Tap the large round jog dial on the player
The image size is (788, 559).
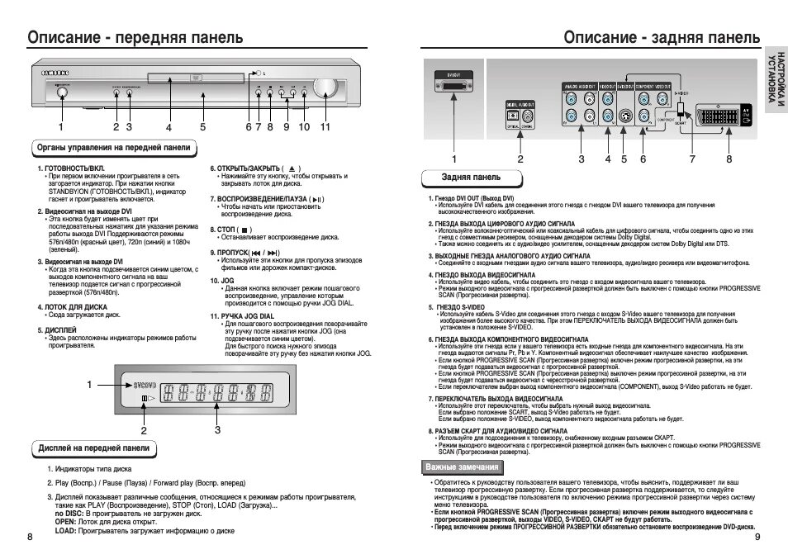[325, 88]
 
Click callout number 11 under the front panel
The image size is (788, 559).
[325, 127]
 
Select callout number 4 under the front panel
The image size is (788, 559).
[169, 127]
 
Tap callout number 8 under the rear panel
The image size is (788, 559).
[729, 159]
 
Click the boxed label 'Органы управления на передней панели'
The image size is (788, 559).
[115, 148]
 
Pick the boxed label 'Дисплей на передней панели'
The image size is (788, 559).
[94, 448]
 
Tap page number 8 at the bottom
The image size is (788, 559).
[30, 538]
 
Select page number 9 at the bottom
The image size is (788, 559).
[757, 538]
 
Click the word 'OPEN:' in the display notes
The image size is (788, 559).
[66, 523]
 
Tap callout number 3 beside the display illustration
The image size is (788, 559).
[217, 429]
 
